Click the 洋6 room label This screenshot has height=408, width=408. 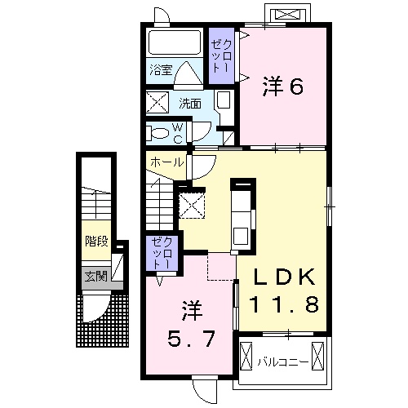(282, 86)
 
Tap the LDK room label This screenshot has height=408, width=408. (284, 277)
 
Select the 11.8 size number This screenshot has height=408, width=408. (284, 304)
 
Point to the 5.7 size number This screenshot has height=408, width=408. (191, 339)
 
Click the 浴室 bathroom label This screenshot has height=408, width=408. (161, 70)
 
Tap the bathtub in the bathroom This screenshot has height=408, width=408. (175, 42)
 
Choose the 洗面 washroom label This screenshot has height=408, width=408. (190, 104)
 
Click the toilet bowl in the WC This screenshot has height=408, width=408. (160, 133)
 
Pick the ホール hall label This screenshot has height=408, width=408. (166, 162)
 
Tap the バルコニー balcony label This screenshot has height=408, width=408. (283, 362)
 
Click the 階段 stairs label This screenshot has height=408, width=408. (96, 241)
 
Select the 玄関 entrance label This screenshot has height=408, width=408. (96, 277)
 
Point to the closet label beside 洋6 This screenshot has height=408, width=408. (222, 55)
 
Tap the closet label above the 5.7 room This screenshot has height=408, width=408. (162, 253)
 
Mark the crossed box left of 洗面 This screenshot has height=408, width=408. (157, 102)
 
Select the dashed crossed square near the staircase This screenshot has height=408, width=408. (192, 205)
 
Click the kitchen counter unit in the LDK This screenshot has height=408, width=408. (243, 215)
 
